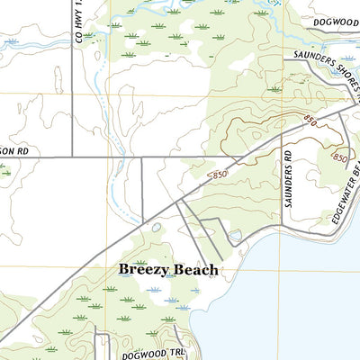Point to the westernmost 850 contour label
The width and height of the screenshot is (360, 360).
[x=216, y=174]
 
